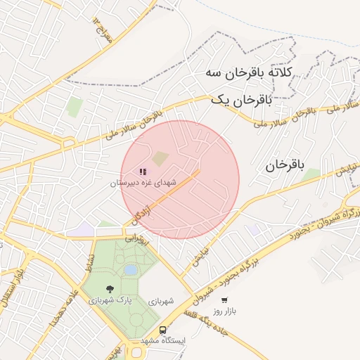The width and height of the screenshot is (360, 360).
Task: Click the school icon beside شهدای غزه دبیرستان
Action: pyautogui.click(x=143, y=171)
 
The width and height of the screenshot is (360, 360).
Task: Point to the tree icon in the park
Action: pyautogui.click(x=110, y=288)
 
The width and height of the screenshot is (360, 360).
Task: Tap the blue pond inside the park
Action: pyautogui.click(x=131, y=269)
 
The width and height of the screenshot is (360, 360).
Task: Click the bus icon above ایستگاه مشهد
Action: pyautogui.click(x=163, y=330)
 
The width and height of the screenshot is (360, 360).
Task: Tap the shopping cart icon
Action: pyautogui.click(x=224, y=300)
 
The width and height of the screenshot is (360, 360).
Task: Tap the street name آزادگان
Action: pyautogui.click(x=141, y=213)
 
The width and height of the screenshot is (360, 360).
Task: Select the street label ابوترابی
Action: pyautogui.click(x=138, y=238)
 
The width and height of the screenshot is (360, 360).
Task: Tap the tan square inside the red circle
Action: pyautogui.click(x=161, y=158)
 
